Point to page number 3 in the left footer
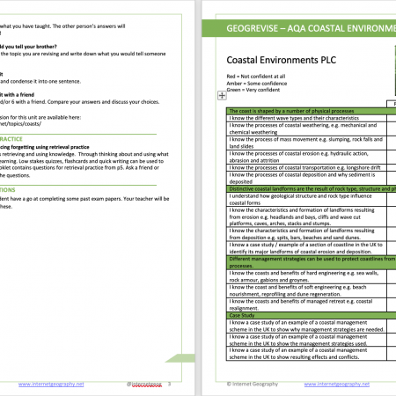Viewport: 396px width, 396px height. tap(169, 385)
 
